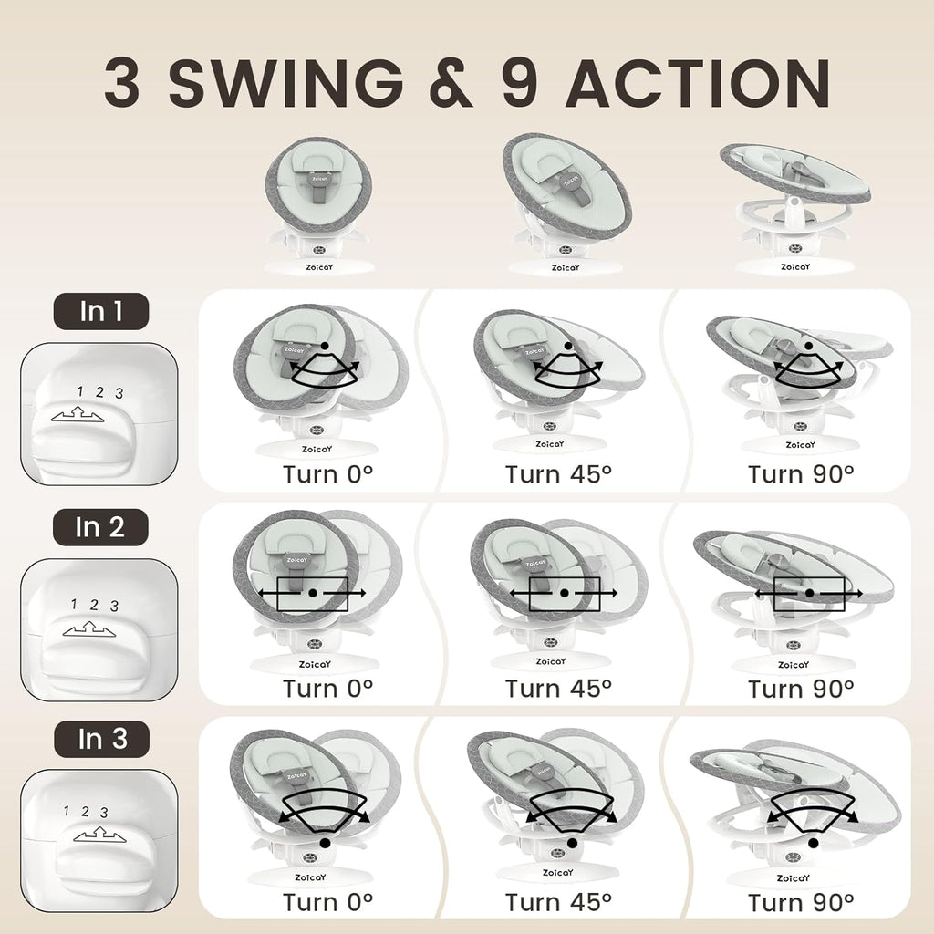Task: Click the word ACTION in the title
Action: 697,84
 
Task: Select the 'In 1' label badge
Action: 100,312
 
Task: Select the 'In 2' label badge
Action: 100,527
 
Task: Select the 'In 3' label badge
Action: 100,740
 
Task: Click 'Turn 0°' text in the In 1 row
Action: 327,474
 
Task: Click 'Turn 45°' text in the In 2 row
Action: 558,688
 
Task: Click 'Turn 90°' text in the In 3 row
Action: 801,902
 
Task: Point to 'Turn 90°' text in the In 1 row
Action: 801,474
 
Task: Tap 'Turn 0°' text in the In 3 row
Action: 327,902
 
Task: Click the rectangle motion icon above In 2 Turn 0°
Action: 312,593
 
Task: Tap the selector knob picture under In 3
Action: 99,841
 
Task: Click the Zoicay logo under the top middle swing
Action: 564,268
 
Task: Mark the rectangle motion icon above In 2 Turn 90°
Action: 808,593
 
